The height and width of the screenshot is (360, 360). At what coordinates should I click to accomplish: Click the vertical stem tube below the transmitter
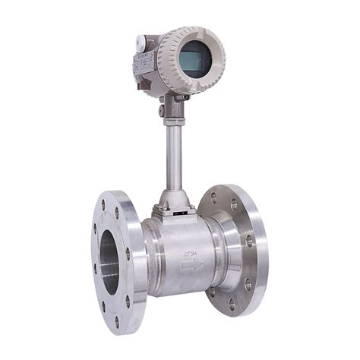pyautogui.click(x=171, y=152)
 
